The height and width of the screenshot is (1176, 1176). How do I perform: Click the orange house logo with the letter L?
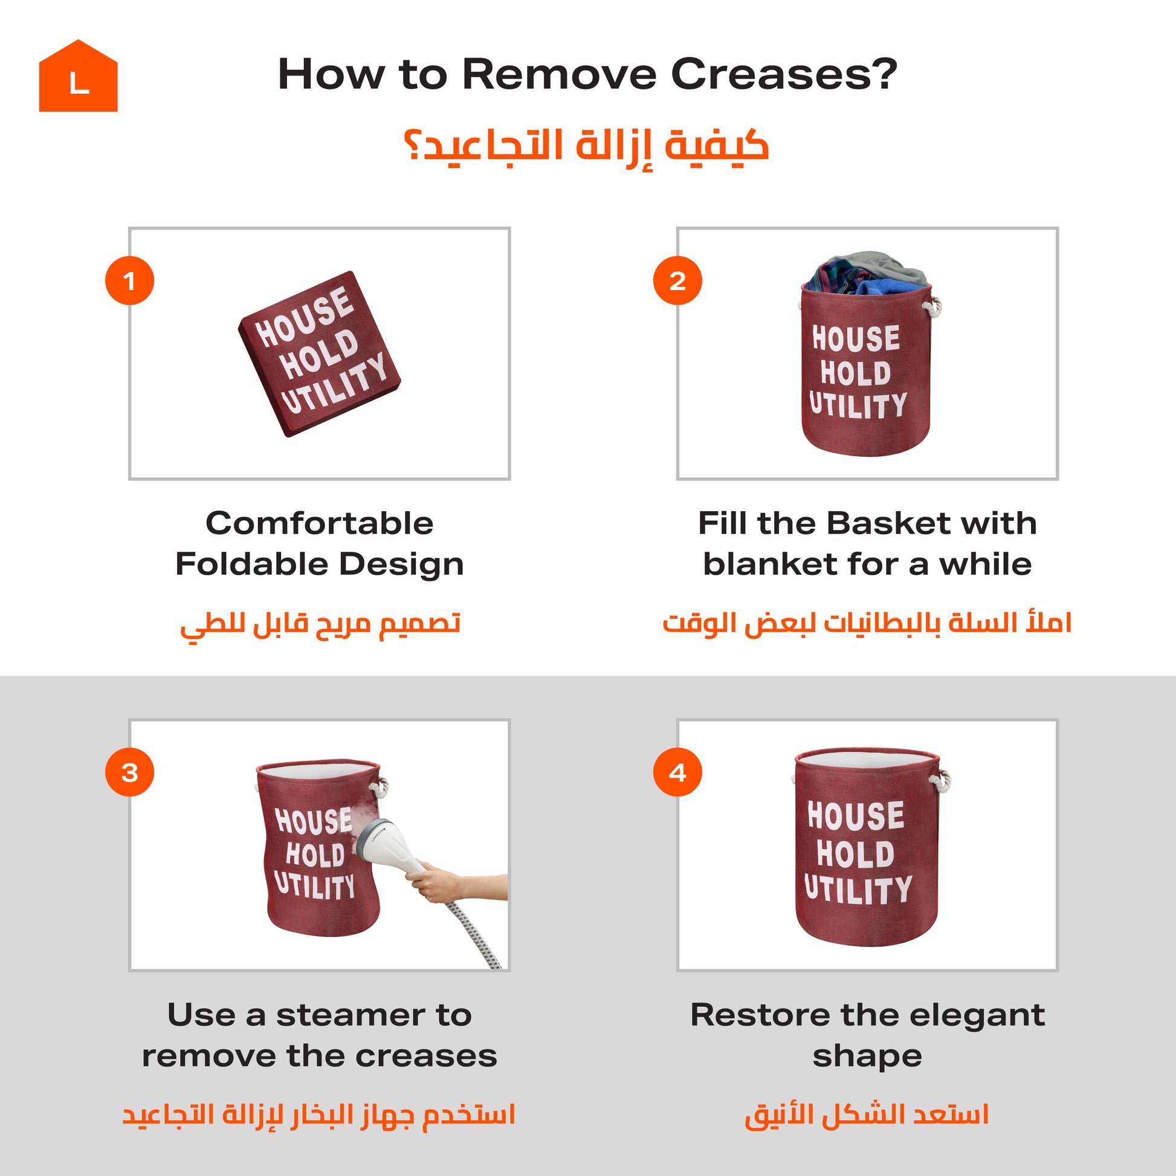pyautogui.click(x=78, y=76)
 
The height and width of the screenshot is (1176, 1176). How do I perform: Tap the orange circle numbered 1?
pyautogui.click(x=130, y=280)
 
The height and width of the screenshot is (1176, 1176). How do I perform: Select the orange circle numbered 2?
pyautogui.click(x=677, y=280)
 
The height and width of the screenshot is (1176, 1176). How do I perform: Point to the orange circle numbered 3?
pyautogui.click(x=130, y=772)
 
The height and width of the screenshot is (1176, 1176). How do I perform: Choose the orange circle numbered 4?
pyautogui.click(x=677, y=772)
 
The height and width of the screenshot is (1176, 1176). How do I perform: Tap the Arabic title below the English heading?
pyautogui.click(x=587, y=147)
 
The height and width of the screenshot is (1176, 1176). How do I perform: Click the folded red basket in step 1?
pyautogui.click(x=320, y=354)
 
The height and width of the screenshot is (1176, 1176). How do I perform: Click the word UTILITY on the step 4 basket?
pyautogui.click(x=858, y=890)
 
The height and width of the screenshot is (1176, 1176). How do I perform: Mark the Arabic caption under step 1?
pyautogui.click(x=320, y=625)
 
